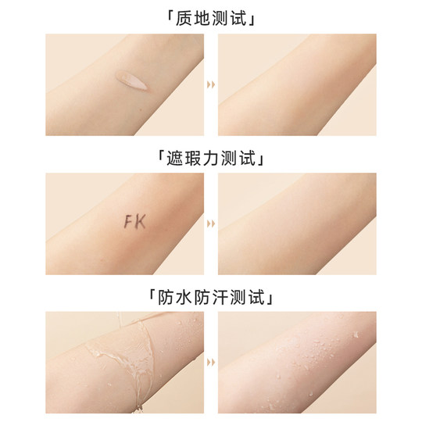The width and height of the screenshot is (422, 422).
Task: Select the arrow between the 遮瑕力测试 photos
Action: pos(211,224)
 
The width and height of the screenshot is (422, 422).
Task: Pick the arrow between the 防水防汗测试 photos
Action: pos(211,362)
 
